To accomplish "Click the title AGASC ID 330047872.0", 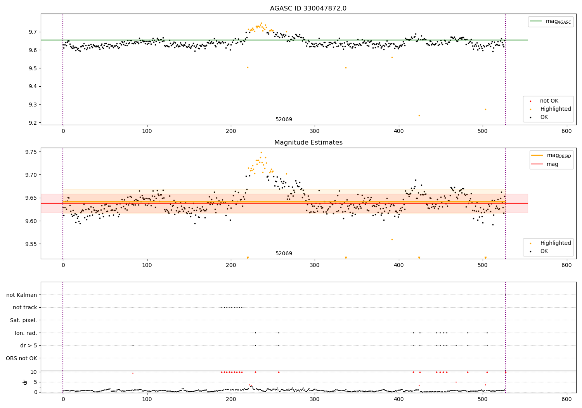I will coord(308,9).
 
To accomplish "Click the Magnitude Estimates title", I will coord(308,143).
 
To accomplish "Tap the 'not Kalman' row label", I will coord(21,295).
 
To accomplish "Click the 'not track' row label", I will coord(25,307).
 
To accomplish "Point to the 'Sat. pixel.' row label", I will coord(23,320).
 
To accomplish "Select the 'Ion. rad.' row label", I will coord(26,333).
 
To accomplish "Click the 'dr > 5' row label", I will coord(28,345).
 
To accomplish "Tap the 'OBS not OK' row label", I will coord(21,358).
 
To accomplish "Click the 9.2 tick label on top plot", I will coord(33,123).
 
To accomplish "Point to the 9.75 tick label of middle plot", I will coord(31,152).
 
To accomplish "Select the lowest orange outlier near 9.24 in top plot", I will coord(419,115).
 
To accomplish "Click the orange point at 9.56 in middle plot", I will coord(392,239).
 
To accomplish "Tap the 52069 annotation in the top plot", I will coord(284,120).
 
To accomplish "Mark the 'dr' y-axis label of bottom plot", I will coord(25,382).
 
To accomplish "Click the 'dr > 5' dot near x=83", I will coord(133,345).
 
